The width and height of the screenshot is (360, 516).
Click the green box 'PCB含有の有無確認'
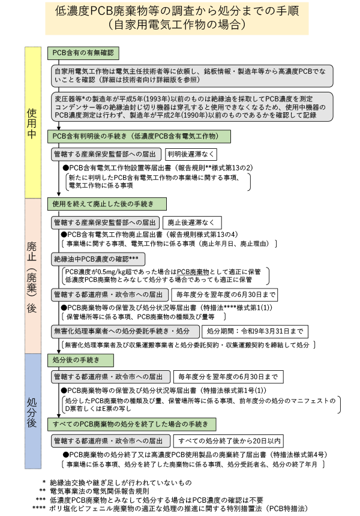click(x=83, y=53)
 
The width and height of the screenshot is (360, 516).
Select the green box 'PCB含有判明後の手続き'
click(x=139, y=136)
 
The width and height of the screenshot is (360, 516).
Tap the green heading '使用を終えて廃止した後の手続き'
click(x=107, y=204)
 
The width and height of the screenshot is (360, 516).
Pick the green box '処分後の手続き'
click(x=80, y=361)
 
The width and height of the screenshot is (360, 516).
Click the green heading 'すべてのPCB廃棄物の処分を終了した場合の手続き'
click(x=132, y=425)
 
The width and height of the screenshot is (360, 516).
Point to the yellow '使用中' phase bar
click(x=33, y=122)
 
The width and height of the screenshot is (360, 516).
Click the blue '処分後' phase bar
click(x=33, y=412)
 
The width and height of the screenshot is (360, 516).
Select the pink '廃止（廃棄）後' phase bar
click(x=33, y=276)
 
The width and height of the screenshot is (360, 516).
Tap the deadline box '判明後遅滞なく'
click(x=191, y=154)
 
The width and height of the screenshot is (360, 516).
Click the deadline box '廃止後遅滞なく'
click(x=192, y=223)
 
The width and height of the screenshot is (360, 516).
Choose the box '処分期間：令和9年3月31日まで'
click(x=255, y=332)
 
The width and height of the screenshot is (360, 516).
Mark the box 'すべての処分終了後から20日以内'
click(x=229, y=441)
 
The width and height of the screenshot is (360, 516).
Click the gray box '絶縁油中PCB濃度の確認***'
click(x=98, y=259)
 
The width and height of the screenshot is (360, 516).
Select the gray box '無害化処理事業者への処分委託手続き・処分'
click(x=125, y=332)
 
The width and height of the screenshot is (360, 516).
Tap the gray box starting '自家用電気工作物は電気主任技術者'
click(x=192, y=76)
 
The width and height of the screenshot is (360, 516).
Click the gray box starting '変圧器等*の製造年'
click(x=192, y=107)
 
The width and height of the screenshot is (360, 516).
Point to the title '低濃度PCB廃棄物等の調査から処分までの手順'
click(x=177, y=11)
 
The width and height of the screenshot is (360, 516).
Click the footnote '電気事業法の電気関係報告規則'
click(x=100, y=491)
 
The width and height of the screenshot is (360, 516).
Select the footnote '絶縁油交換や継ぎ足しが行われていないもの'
click(x=121, y=483)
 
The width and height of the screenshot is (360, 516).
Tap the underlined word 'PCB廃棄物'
click(x=193, y=272)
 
